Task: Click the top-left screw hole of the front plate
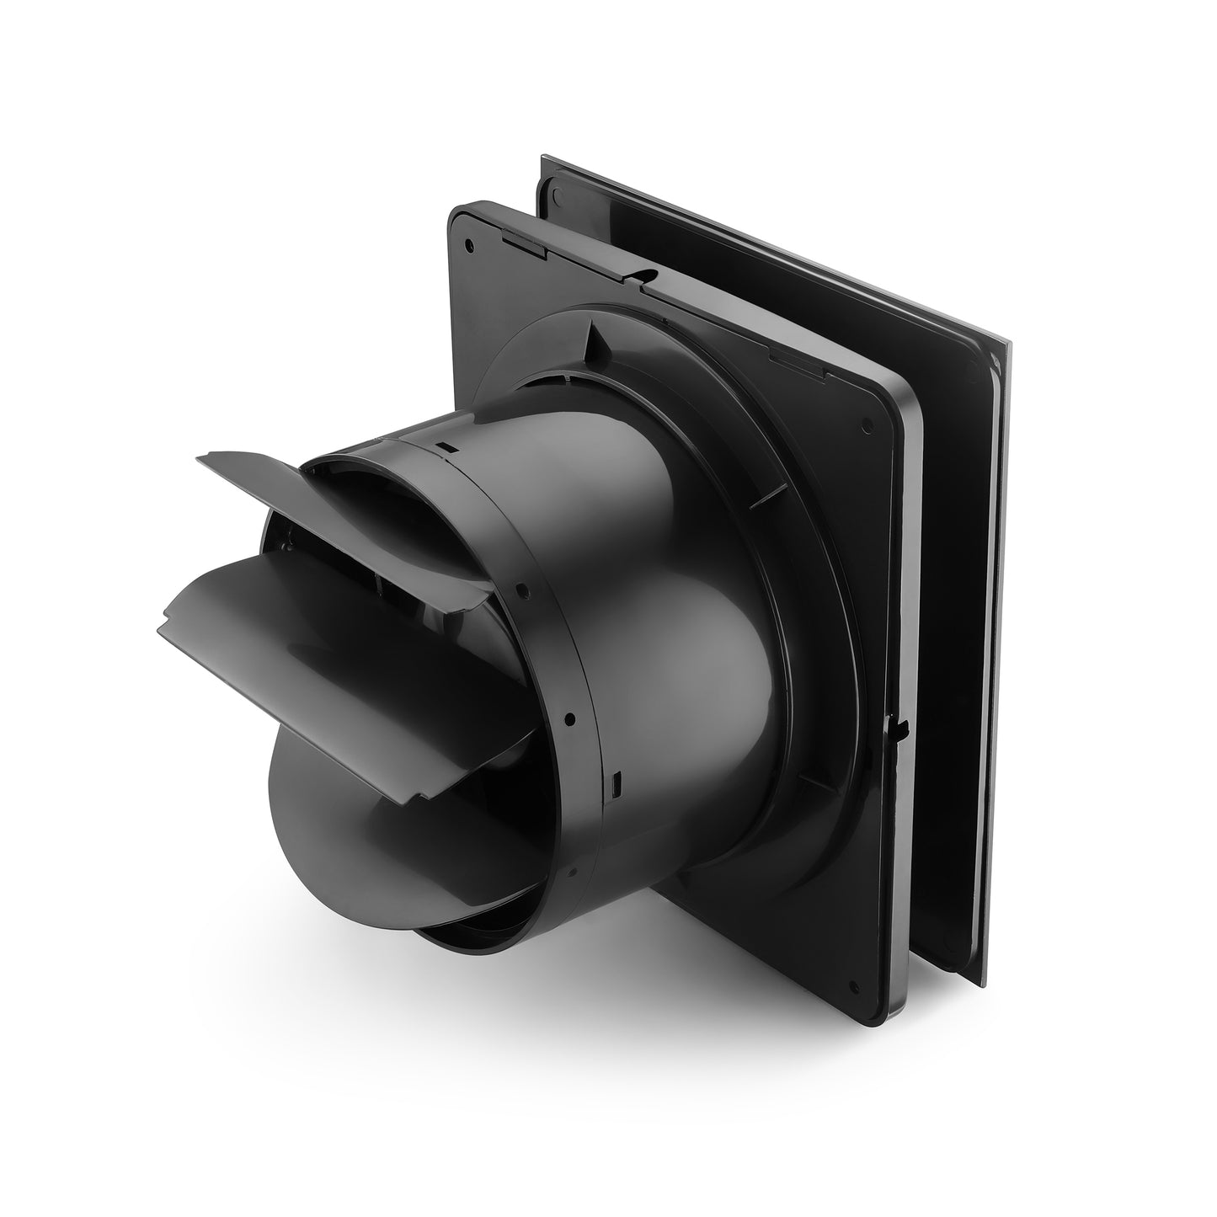469,245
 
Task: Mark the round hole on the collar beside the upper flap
523,590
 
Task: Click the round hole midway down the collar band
570,718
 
